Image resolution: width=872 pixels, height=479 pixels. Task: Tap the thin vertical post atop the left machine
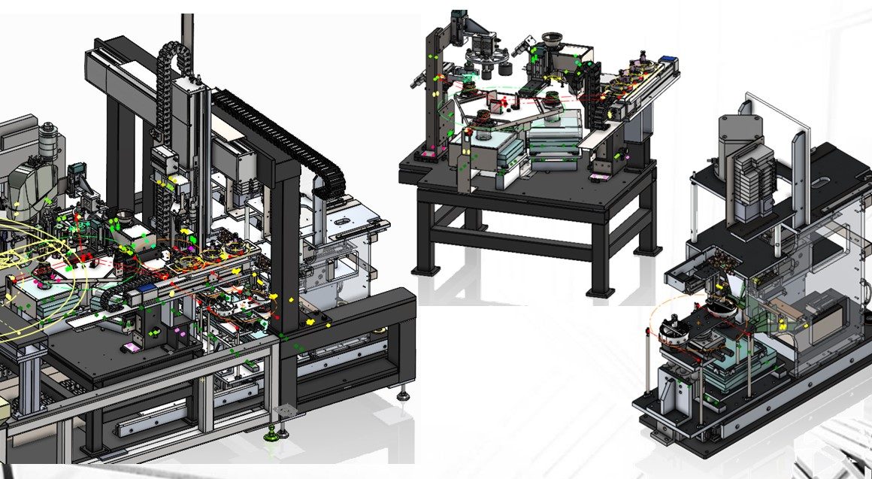(186, 30)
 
